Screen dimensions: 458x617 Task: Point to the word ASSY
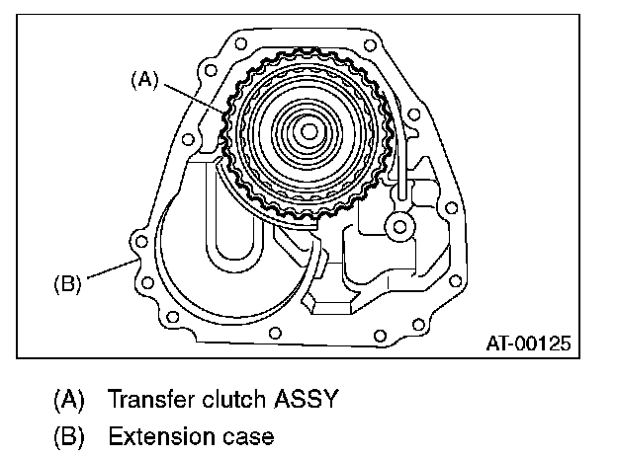[x=307, y=400]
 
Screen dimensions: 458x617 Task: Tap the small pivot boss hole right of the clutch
[x=399, y=227]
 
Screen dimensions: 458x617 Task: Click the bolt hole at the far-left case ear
[x=140, y=240]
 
